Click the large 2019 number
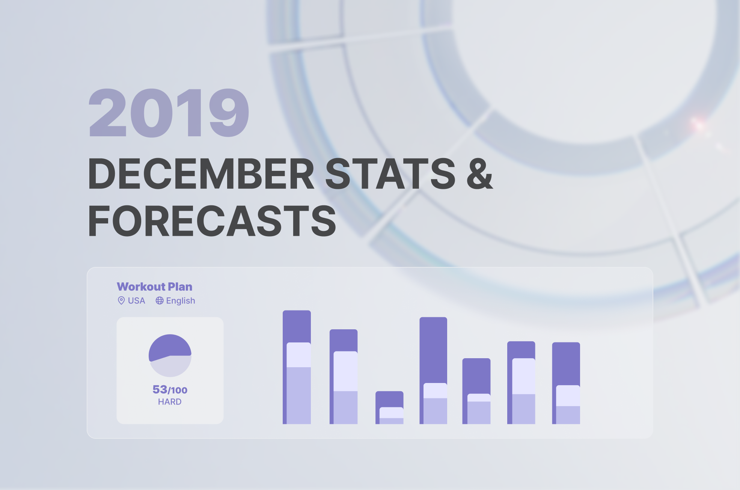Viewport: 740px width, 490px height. tap(169, 113)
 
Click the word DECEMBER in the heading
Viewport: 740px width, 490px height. tap(201, 173)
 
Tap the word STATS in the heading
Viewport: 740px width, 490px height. tap(390, 173)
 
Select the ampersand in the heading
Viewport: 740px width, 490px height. tap(480, 173)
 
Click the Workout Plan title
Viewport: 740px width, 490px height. tap(155, 286)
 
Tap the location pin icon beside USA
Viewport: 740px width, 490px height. tap(121, 300)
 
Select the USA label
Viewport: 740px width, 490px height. tap(136, 301)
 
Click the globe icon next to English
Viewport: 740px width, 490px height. tap(160, 300)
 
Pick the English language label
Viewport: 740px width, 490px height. tap(181, 301)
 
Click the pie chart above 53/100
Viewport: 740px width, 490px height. tap(170, 356)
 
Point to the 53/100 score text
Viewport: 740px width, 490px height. tap(170, 390)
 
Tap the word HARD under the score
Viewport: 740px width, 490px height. tap(170, 402)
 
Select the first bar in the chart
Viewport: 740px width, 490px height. tap(297, 367)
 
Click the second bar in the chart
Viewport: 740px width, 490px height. tap(344, 377)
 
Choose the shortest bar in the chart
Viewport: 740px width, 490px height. tap(389, 408)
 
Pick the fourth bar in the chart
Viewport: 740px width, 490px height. tap(433, 371)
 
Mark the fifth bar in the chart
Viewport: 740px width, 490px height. tap(476, 391)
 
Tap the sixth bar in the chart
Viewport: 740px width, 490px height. tap(521, 383)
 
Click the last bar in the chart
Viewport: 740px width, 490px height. tap(566, 383)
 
